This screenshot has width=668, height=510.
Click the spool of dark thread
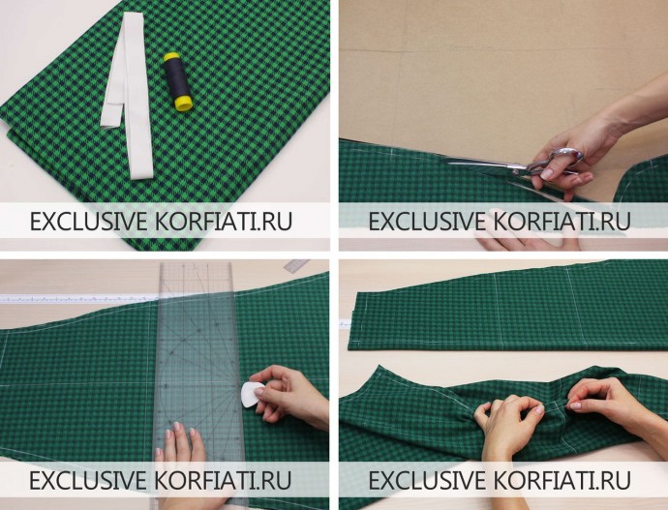click(178, 81)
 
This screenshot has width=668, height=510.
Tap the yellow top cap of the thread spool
click(171, 57)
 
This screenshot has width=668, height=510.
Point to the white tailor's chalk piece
click(253, 395)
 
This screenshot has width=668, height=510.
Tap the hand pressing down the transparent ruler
click(179, 451)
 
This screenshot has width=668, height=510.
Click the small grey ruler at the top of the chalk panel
click(296, 265)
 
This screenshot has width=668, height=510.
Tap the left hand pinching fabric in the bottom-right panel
click(507, 426)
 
